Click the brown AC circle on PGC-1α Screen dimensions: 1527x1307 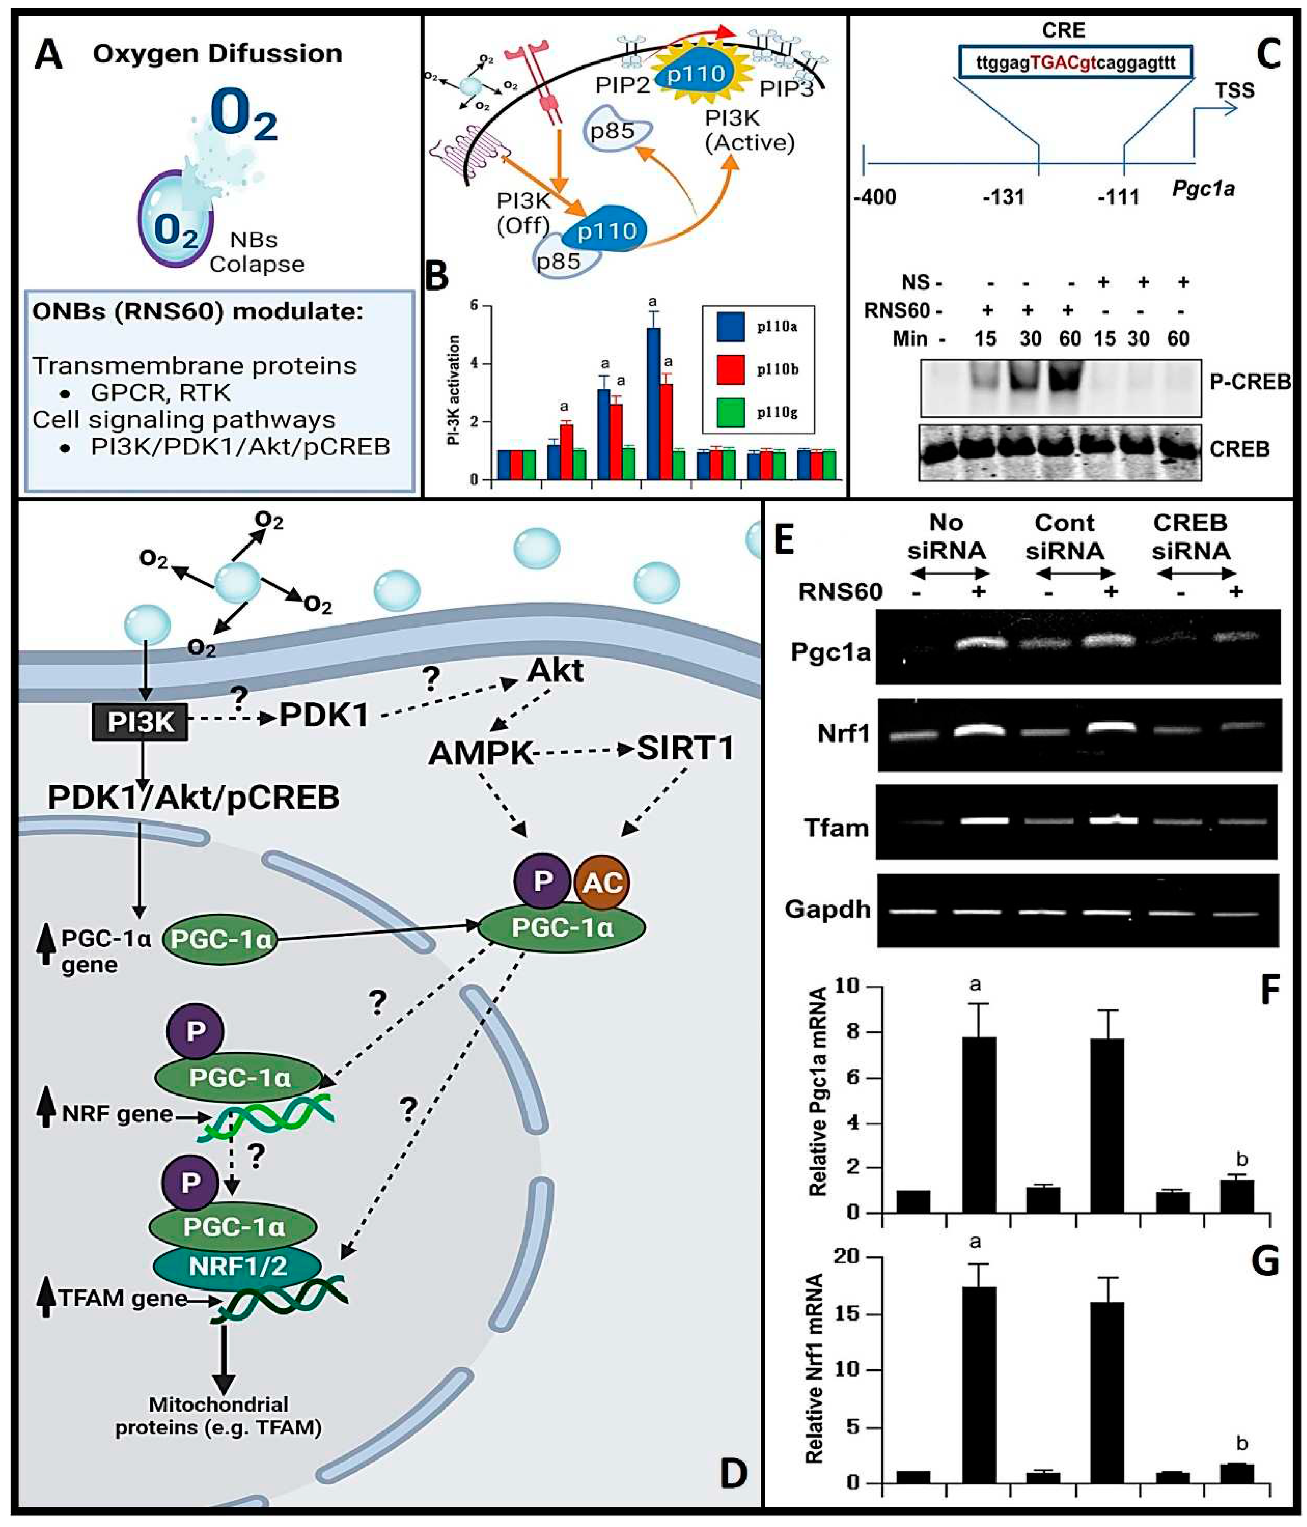[x=602, y=882]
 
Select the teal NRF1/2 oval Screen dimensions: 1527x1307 [x=237, y=1266]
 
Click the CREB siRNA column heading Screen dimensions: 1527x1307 [x=1190, y=537]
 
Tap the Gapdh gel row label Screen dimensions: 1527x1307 [x=827, y=909]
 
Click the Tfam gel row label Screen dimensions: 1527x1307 [x=836, y=827]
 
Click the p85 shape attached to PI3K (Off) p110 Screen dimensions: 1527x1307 [x=558, y=262]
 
